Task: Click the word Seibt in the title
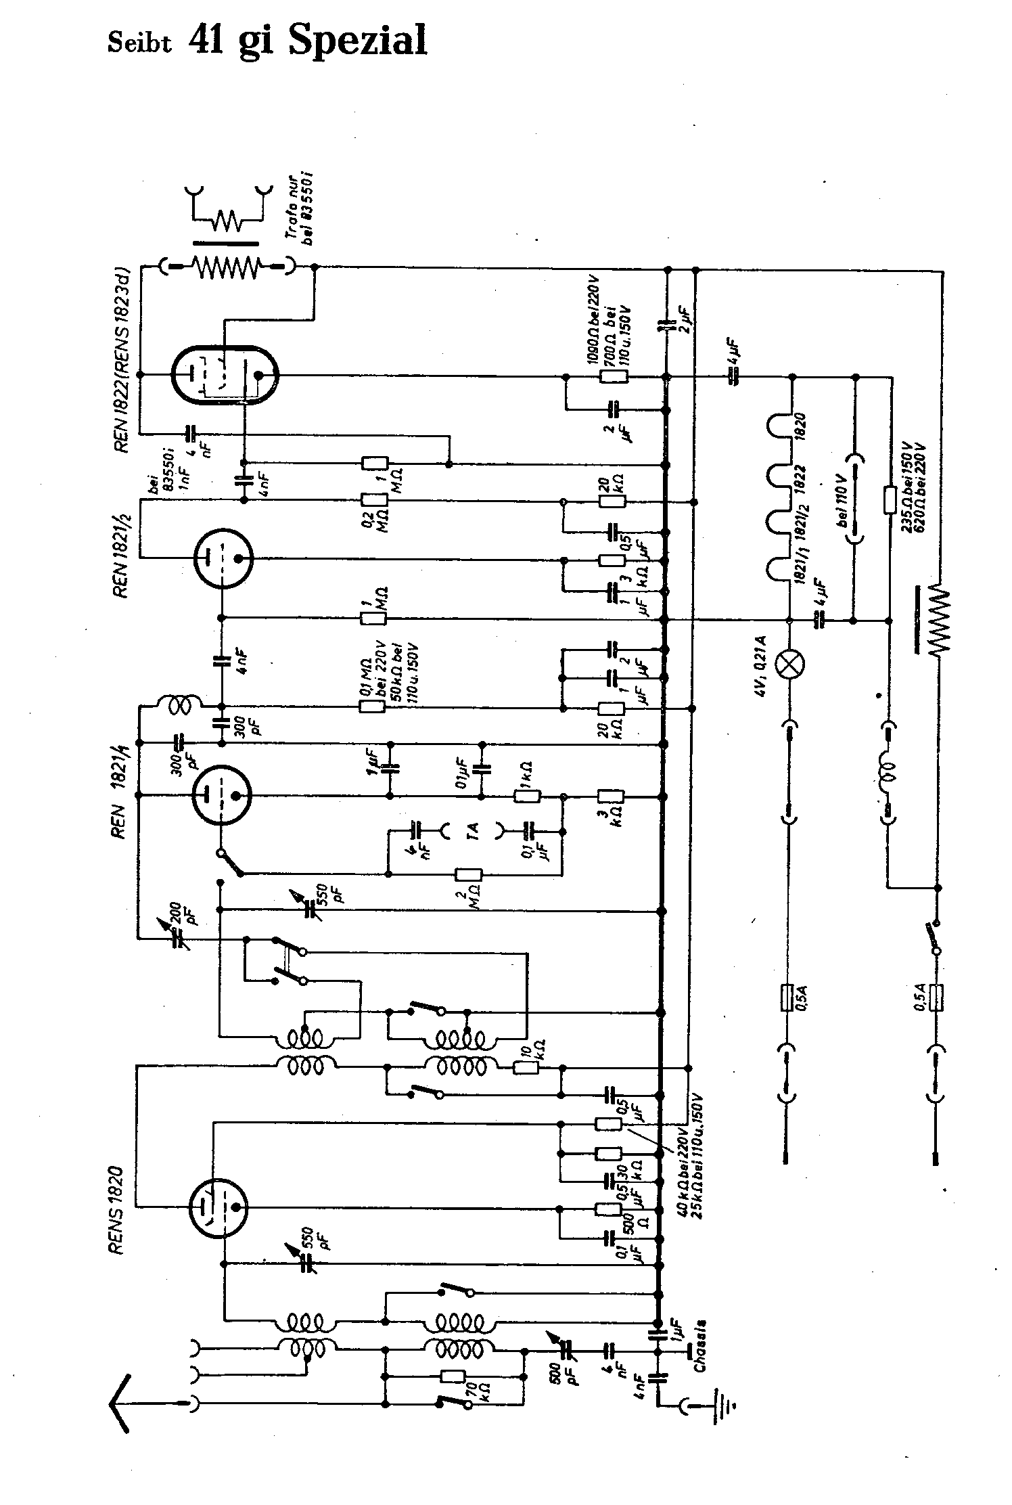[x=139, y=44]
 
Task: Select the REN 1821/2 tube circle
[x=222, y=558]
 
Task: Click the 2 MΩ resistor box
[x=468, y=874]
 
